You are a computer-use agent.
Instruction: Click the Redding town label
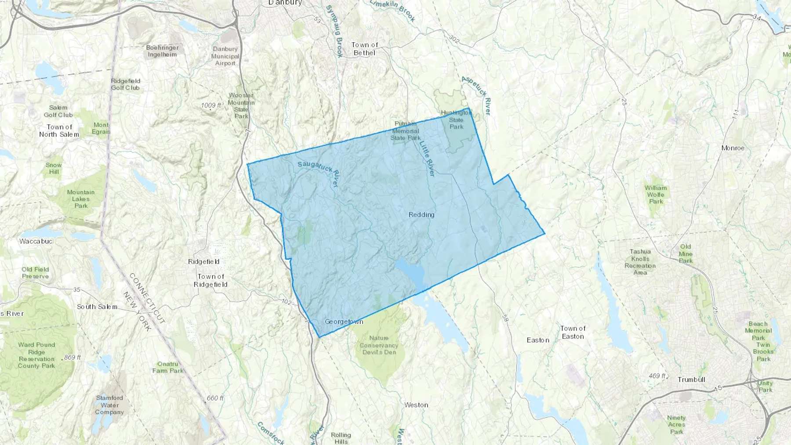click(x=421, y=214)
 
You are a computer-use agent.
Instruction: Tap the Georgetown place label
click(x=344, y=322)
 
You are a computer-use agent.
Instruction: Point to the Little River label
click(x=427, y=159)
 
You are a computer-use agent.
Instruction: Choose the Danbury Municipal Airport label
click(x=225, y=56)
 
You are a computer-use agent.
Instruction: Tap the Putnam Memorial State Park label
click(x=405, y=131)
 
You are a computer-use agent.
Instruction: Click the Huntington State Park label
click(x=456, y=119)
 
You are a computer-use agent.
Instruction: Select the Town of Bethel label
click(x=365, y=49)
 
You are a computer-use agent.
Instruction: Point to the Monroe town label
click(x=733, y=148)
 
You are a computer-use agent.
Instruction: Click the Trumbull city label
click(x=691, y=380)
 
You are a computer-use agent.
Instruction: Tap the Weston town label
click(x=416, y=405)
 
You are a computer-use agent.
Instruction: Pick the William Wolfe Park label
click(x=656, y=195)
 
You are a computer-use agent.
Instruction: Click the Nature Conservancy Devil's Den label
click(x=379, y=345)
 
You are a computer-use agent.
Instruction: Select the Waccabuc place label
click(x=36, y=241)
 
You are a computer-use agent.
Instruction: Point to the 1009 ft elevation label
click(x=211, y=105)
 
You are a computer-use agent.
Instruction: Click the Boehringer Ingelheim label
click(x=162, y=51)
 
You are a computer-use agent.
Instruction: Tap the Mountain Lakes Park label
click(x=81, y=199)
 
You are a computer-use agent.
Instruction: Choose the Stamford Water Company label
click(x=109, y=405)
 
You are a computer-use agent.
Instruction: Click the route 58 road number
click(x=505, y=318)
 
